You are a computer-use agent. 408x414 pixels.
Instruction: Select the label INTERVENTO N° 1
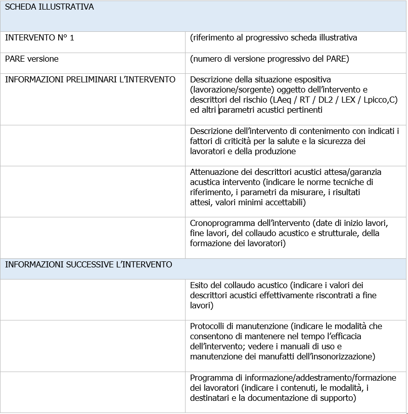point(39,37)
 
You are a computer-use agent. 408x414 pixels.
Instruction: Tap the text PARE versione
point(32,59)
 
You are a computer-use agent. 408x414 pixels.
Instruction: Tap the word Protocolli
point(209,326)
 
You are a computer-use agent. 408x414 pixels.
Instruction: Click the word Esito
point(200,285)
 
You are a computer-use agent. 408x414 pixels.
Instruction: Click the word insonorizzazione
point(344,356)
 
